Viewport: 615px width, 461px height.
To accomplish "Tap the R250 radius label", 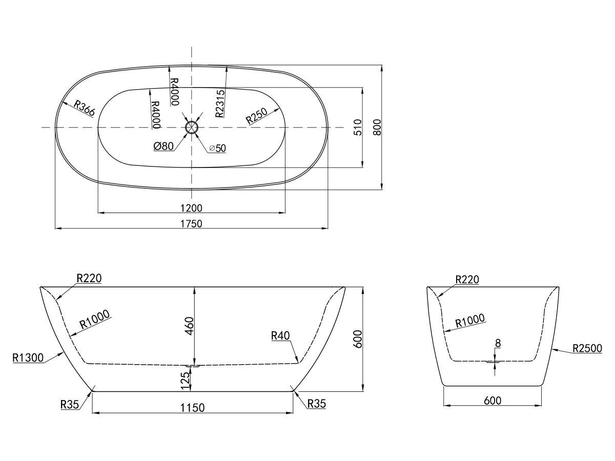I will (256, 116).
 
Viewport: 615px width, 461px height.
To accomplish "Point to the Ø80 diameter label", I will (163, 146).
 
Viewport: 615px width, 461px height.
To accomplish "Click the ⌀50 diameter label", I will (217, 148).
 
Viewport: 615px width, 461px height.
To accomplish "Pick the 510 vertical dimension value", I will (358, 127).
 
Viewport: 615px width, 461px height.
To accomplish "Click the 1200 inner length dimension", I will (191, 207).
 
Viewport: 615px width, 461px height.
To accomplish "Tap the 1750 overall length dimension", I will (191, 223).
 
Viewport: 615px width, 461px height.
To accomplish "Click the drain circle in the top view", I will (191, 127).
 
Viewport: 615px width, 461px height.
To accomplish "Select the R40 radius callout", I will (280, 336).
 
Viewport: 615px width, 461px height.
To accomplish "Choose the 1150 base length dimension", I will (192, 407).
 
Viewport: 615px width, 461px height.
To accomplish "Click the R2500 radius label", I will (587, 348).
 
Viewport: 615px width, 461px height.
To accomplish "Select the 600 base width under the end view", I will (492, 400).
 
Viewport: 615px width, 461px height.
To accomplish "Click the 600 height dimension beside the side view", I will (358, 339).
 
